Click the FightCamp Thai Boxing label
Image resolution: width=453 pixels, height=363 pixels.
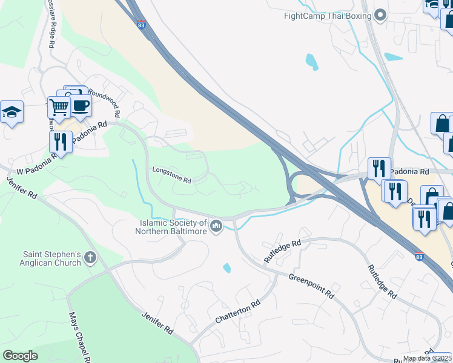pyautogui.click(x=327, y=16)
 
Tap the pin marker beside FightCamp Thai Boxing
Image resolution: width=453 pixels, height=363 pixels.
pyautogui.click(x=380, y=15)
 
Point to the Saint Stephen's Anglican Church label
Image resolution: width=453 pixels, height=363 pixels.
pyautogui.click(x=51, y=258)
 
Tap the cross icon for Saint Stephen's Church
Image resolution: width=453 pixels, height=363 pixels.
pyautogui.click(x=90, y=258)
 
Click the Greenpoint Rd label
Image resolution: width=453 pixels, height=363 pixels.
pyautogui.click(x=311, y=286)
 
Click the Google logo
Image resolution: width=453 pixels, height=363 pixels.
pyautogui.click(x=20, y=356)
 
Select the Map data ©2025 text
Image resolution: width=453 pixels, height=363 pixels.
pyautogui.click(x=427, y=358)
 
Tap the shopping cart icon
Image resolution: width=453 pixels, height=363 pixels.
pyautogui.click(x=59, y=107)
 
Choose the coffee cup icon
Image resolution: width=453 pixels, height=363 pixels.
pyautogui.click(x=80, y=105)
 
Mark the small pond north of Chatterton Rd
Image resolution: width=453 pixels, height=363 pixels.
pyautogui.click(x=227, y=267)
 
